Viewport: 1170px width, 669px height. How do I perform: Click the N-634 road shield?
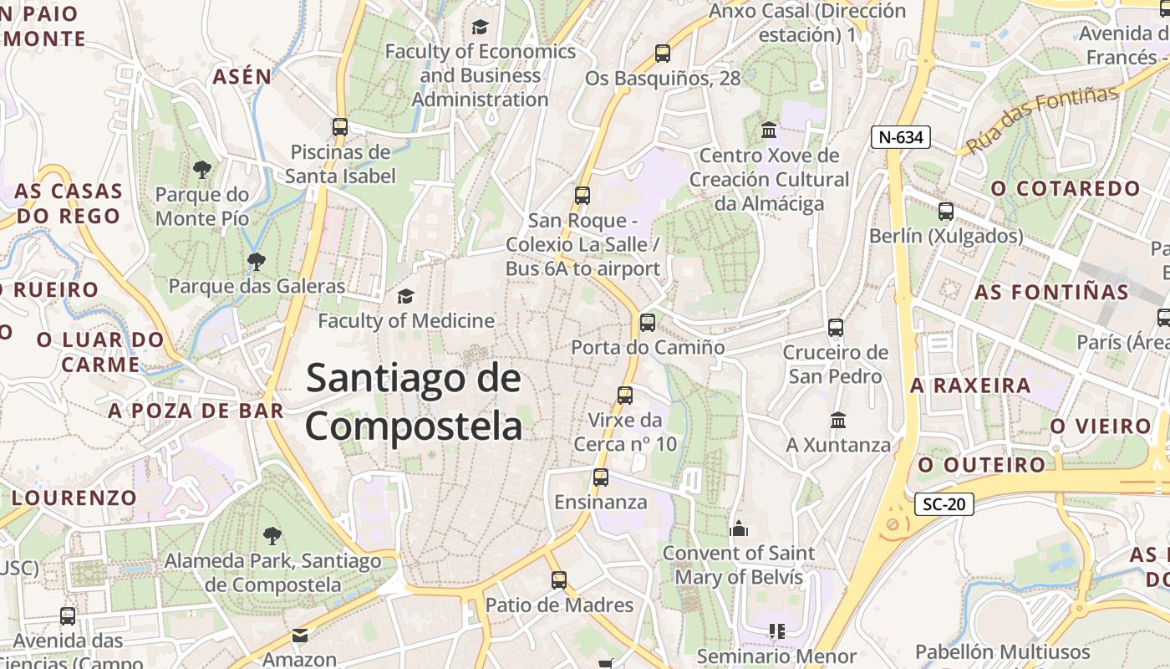pyautogui.click(x=901, y=137)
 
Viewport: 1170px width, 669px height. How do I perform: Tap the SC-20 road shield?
pyautogui.click(x=944, y=503)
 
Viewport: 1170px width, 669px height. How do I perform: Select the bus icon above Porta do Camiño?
pyautogui.click(x=647, y=323)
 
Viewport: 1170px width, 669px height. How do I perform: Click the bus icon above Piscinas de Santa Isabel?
pyautogui.click(x=339, y=127)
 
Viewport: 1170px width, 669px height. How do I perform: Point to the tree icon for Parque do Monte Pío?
pyautogui.click(x=201, y=171)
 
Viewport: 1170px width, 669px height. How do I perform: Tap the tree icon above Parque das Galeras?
pyautogui.click(x=256, y=262)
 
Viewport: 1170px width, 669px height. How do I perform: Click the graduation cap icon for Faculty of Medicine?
pyautogui.click(x=405, y=296)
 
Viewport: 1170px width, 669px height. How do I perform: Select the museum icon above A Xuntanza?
pyautogui.click(x=838, y=420)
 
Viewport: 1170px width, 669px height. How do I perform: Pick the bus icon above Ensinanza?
pyautogui.click(x=600, y=477)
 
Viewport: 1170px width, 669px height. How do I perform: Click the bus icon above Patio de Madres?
pyautogui.click(x=559, y=580)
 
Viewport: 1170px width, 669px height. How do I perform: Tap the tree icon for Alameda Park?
pyautogui.click(x=272, y=536)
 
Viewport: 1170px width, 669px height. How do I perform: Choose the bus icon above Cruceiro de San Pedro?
pyautogui.click(x=835, y=328)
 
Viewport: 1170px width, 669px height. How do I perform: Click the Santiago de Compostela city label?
pyautogui.click(x=414, y=402)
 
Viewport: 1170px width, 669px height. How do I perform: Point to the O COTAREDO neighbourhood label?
pyautogui.click(x=1066, y=188)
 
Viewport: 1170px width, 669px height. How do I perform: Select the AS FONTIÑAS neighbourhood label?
pyautogui.click(x=1051, y=292)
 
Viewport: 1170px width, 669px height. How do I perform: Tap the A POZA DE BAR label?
pyautogui.click(x=196, y=411)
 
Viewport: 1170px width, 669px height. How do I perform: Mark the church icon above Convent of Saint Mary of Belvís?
pyautogui.click(x=738, y=529)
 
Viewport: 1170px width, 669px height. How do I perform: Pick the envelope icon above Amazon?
pyautogui.click(x=300, y=636)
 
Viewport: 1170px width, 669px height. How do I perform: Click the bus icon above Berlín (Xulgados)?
pyautogui.click(x=945, y=212)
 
